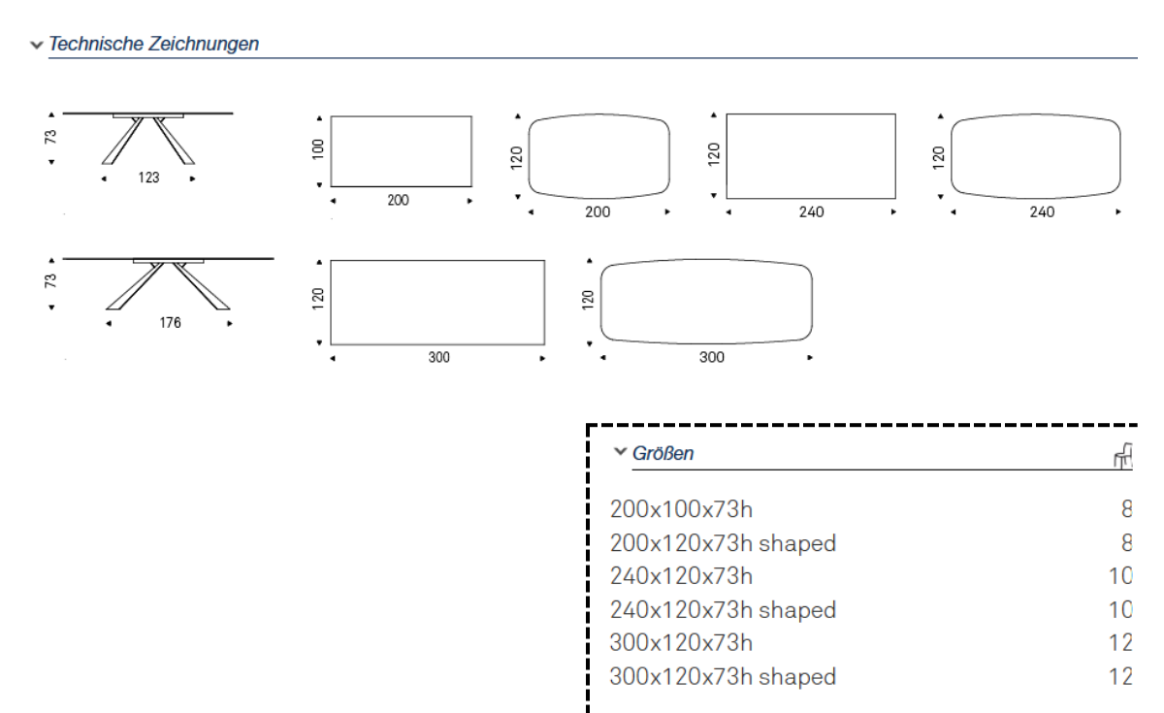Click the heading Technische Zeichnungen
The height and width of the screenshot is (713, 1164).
coord(154,44)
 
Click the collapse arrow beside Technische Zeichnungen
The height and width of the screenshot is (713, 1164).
coord(37,46)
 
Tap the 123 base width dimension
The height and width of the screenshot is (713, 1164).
coord(148,178)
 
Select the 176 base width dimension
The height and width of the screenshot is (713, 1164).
coord(170,323)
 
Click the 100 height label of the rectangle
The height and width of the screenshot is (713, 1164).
coord(318,149)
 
